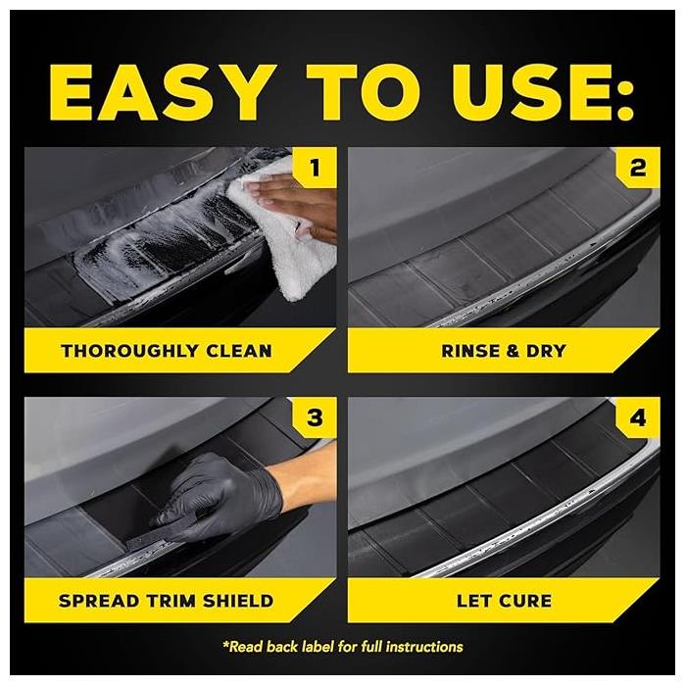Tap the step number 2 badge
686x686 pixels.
(x=638, y=168)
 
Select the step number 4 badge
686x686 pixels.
(x=638, y=418)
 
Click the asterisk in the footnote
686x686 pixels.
(x=226, y=645)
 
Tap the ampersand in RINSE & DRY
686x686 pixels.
(x=508, y=350)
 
